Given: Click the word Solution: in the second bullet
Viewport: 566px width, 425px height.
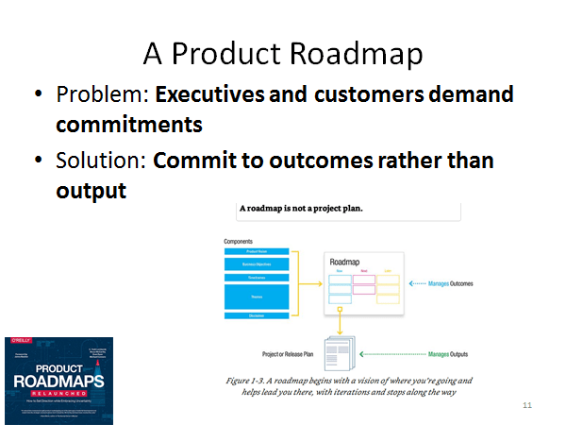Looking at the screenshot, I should (101, 161).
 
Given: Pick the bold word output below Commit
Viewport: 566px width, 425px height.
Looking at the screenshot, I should (91, 190).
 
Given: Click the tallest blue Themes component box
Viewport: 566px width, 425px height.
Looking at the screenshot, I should (256, 296).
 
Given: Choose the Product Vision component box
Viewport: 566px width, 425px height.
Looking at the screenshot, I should (256, 252).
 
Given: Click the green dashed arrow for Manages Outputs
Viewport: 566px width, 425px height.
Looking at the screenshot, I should (392, 353).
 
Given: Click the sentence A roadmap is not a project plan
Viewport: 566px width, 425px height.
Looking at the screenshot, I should (302, 209).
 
